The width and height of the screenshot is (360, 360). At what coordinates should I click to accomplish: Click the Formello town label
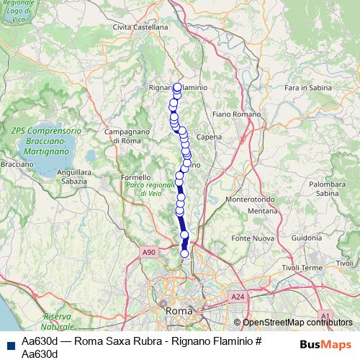coord(136,177)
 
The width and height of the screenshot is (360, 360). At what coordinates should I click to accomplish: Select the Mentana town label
coord(262,211)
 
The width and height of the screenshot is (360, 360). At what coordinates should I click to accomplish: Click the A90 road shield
coord(149,252)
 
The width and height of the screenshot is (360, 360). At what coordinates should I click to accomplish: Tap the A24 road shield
coord(238,296)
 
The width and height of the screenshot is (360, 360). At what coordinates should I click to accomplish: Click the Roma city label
coord(177,310)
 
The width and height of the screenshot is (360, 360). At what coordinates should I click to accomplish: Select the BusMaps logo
coord(325,344)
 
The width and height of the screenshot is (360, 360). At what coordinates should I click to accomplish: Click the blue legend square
coord(10,344)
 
